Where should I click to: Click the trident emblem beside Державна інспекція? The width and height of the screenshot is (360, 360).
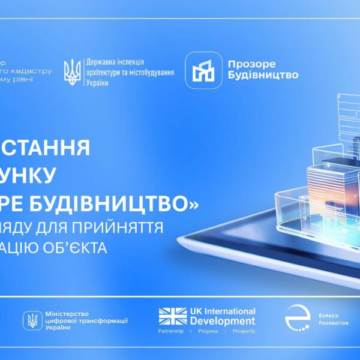click(x=72, y=71)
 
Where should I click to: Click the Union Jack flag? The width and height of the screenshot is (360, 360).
click(x=173, y=316)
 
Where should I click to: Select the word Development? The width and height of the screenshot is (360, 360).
click(x=223, y=321)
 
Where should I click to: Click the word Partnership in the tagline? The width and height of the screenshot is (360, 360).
click(x=171, y=331)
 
